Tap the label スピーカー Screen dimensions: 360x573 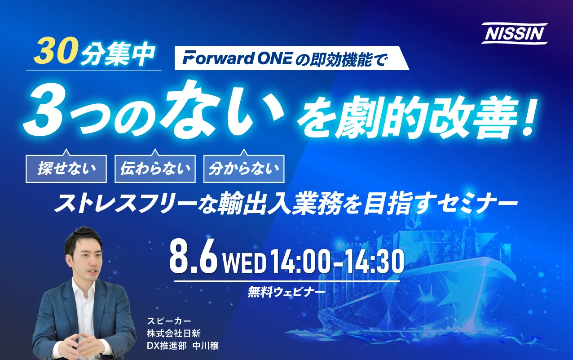pos(169,321)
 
